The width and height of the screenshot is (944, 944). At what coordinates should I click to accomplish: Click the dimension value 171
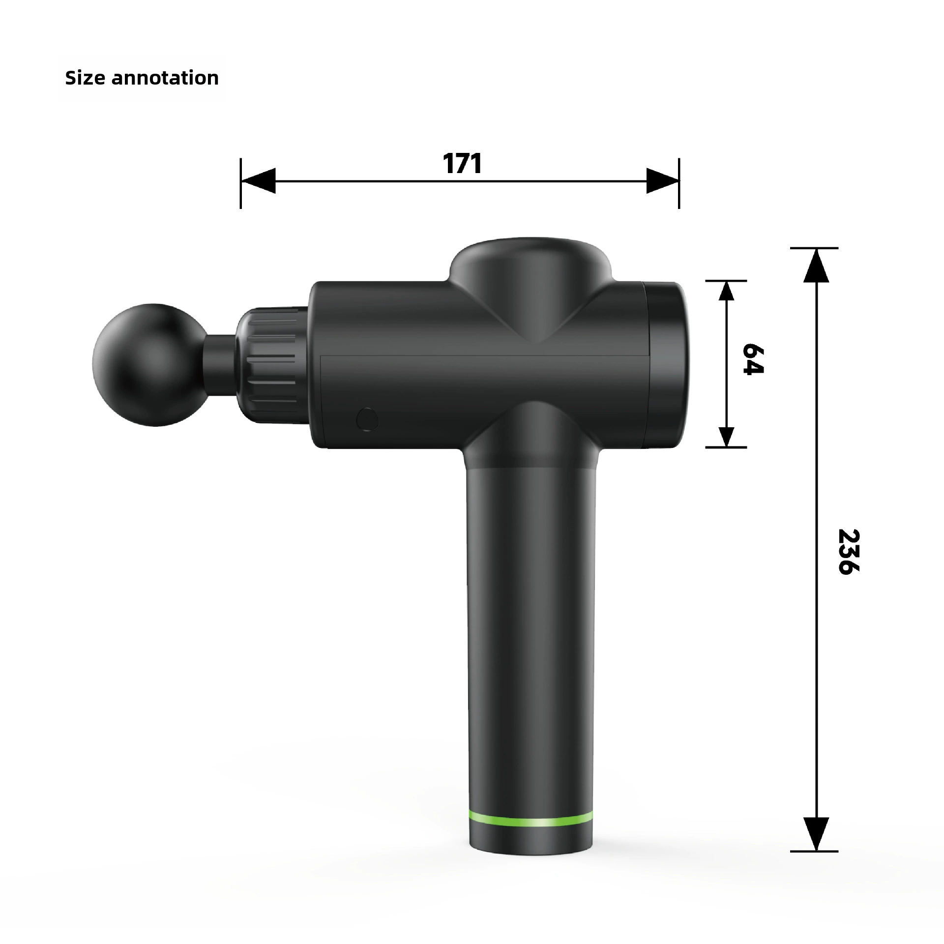pos(462,163)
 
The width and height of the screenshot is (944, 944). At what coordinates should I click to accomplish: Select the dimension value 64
pos(753,359)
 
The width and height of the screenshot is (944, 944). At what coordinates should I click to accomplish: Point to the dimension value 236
pos(848,551)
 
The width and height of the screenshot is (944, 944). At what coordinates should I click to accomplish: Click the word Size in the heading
pos(85,78)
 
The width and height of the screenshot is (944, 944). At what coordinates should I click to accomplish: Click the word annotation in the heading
pos(165,78)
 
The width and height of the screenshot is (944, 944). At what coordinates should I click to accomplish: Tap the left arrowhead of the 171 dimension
pos(258,181)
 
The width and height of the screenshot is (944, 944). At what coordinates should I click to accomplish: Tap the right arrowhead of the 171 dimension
pos(662,181)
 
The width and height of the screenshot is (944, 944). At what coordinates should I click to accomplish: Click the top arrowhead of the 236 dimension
pos(816,265)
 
